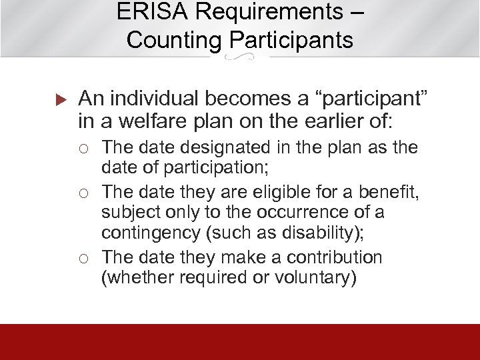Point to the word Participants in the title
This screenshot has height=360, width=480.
291,40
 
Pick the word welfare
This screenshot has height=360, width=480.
155,122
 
